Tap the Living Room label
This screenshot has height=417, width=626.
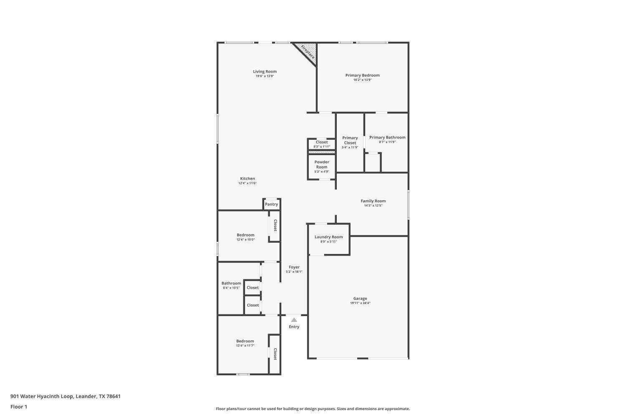pyautogui.click(x=265, y=71)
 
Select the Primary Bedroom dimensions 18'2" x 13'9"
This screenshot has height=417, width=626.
pyautogui.click(x=362, y=80)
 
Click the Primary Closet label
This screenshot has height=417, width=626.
pyautogui.click(x=350, y=140)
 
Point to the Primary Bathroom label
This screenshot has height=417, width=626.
pyautogui.click(x=387, y=137)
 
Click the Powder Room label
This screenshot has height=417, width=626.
pyautogui.click(x=321, y=164)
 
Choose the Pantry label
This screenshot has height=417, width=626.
pyautogui.click(x=271, y=204)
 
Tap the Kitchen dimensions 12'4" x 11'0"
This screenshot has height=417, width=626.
pyautogui.click(x=247, y=183)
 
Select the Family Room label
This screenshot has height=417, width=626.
pyautogui.click(x=373, y=201)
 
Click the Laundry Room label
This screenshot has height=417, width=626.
pyautogui.click(x=328, y=237)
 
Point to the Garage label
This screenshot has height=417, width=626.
pyautogui.click(x=360, y=299)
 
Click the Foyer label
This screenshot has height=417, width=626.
pyautogui.click(x=294, y=267)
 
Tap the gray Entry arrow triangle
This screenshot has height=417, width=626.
pyautogui.click(x=294, y=320)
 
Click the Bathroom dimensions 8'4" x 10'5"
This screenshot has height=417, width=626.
pyautogui.click(x=231, y=288)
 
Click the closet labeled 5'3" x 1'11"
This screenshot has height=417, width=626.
pyautogui.click(x=321, y=144)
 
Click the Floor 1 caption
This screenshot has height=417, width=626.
pyautogui.click(x=19, y=407)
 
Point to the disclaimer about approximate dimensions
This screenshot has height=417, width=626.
pyautogui.click(x=313, y=409)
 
